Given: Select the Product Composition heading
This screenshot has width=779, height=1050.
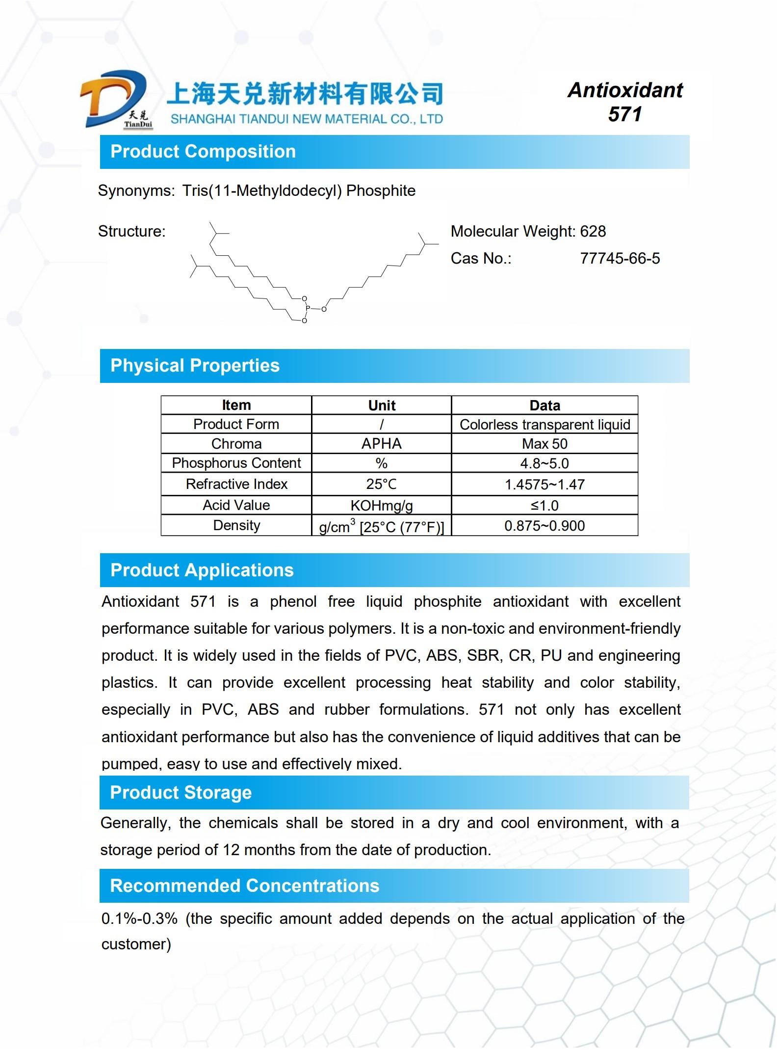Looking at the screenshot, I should coord(203,152).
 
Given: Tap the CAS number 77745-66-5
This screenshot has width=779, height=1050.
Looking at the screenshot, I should coord(620,259).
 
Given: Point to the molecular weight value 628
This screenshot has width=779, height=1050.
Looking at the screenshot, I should coord(593,231).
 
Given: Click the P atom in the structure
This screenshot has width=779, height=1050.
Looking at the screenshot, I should coord(308,309).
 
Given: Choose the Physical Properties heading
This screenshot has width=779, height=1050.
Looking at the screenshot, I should coord(195,366).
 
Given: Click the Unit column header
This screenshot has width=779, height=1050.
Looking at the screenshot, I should coord(381,405).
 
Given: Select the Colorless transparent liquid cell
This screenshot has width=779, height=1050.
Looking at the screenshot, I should coord(545,425).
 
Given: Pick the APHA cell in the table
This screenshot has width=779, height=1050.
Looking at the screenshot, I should coord(381,444).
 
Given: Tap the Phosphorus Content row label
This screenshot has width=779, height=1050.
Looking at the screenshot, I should coord(236,463).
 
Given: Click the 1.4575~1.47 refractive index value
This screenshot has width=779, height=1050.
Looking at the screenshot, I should coord(545,485).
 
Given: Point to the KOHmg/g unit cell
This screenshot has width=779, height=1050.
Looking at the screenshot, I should coord(381,505).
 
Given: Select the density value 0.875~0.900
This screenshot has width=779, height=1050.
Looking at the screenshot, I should coord(545,526).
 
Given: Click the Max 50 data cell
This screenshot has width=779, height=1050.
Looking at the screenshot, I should coord(545,444).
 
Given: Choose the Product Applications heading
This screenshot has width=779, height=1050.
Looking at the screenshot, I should coord(202,570).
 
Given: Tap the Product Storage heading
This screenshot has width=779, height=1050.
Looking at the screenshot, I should coord(181,793).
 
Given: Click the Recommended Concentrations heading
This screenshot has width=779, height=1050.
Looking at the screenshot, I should coord(244,886).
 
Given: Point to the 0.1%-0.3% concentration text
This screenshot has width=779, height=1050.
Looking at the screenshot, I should coord(139,919).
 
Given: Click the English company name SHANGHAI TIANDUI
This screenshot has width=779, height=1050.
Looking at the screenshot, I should coord(307,119).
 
